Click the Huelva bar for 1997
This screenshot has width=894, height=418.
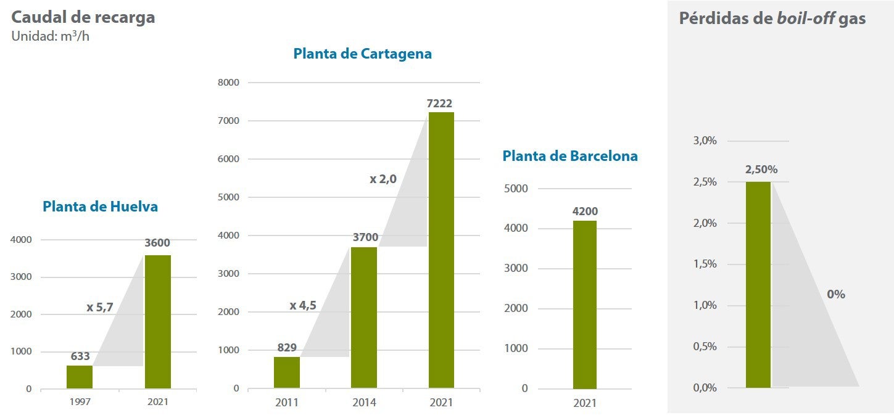pos(80,377)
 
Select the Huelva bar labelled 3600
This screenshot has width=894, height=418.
pos(157,322)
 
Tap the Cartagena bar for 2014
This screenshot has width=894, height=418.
pos(363,318)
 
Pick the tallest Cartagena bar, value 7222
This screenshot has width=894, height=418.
pos(441,250)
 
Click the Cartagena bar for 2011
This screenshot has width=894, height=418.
pos(287,372)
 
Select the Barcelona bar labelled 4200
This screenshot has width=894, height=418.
pos(584,305)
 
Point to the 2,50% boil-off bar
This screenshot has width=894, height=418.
pos(758,284)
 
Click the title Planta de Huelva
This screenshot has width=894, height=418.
pos(100,207)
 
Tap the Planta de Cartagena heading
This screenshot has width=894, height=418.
pos(362,54)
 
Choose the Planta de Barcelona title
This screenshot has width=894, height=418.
pos(569,156)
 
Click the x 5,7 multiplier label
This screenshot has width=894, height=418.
pos(99,307)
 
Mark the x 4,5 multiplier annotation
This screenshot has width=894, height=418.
pos(304,305)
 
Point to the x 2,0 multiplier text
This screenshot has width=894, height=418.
pos(383,179)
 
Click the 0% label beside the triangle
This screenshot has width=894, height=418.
pos(835,294)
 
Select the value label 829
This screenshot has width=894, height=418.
pos(287,348)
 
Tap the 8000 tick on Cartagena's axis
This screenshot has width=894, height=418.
pos(228,83)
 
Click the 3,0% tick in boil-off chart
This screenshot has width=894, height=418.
pos(705,141)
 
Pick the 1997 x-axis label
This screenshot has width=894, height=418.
pos(80,401)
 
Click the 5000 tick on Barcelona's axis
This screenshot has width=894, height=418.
pos(516,189)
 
